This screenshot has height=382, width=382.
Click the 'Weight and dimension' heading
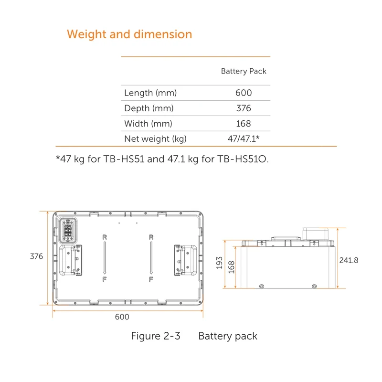point(129,34)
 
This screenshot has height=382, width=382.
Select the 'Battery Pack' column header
point(244,71)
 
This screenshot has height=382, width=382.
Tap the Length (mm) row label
point(150,93)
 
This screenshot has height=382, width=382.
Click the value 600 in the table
point(244,93)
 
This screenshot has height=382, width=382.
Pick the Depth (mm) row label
point(149,108)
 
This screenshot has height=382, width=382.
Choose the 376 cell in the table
point(244,108)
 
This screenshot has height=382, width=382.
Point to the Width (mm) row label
point(148,124)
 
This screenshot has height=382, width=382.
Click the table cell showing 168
point(244,124)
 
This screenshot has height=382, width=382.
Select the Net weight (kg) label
point(155,139)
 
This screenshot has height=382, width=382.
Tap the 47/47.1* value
point(244,138)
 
